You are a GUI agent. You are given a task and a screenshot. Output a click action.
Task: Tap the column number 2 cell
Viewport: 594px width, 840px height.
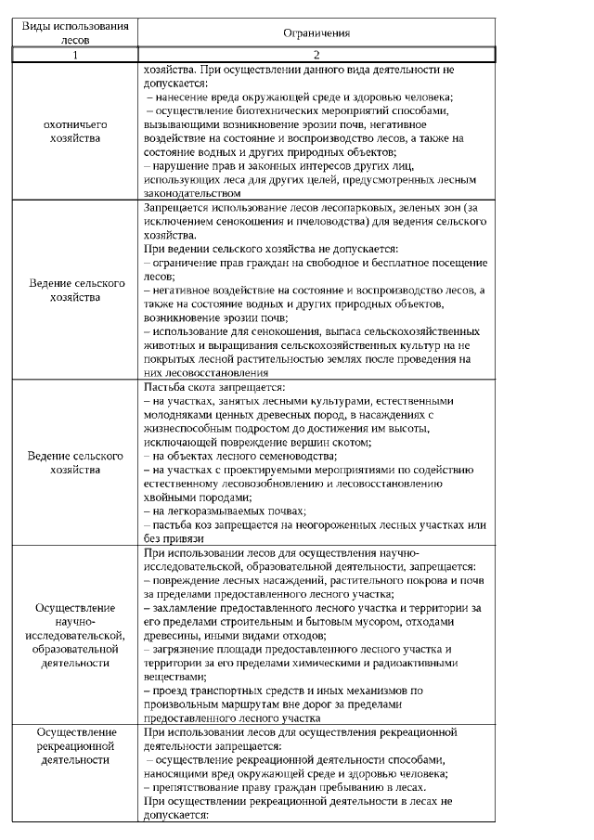click(x=316, y=56)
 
